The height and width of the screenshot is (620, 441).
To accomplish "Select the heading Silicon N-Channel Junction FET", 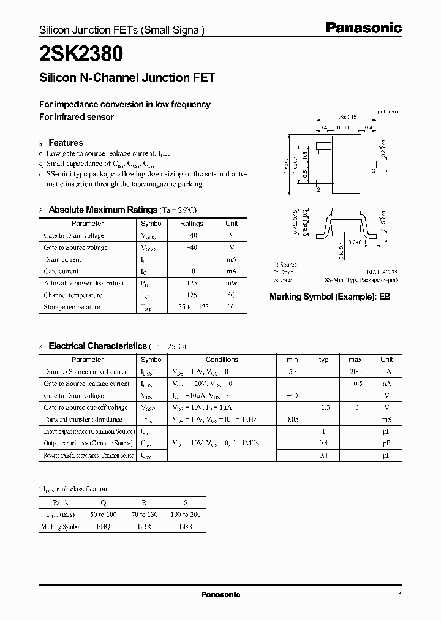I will tap(127, 78).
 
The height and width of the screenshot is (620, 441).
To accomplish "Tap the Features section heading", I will tap(66, 143).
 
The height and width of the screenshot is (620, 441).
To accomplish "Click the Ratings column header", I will tap(192, 224).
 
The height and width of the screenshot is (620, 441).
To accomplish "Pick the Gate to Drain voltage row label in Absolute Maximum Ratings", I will tap(74, 235).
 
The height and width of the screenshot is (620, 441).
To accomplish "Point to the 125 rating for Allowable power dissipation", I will tap(192, 283).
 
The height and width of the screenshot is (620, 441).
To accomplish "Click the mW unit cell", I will tap(232, 283).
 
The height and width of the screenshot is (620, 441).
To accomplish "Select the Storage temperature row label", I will tap(71, 307).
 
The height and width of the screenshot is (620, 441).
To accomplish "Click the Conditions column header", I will tap(221, 360).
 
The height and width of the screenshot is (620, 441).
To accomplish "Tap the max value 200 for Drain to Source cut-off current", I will tap(355, 372).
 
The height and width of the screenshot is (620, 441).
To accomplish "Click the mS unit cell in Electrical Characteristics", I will tap(386, 420).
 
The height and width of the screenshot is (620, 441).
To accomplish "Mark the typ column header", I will tap(324, 360).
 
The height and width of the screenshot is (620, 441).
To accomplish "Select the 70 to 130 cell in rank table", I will tap(144, 515).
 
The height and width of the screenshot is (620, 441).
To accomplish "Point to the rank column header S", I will tap(186, 503).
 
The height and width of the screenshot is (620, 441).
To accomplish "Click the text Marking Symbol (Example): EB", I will tap(330, 296).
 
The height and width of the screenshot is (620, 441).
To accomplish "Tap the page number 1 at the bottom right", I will tap(400, 595).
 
